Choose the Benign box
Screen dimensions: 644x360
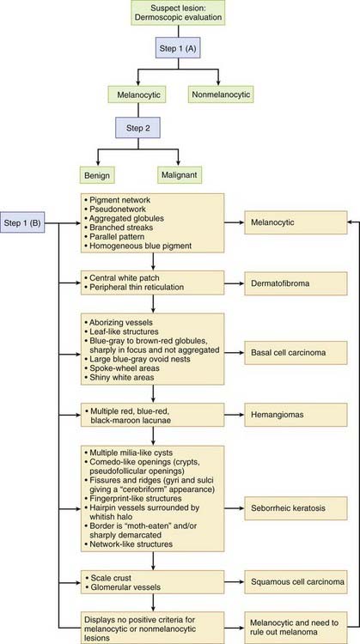tap(106, 173)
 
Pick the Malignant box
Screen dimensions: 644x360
tap(181, 173)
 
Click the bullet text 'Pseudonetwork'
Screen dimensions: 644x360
tap(121, 210)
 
